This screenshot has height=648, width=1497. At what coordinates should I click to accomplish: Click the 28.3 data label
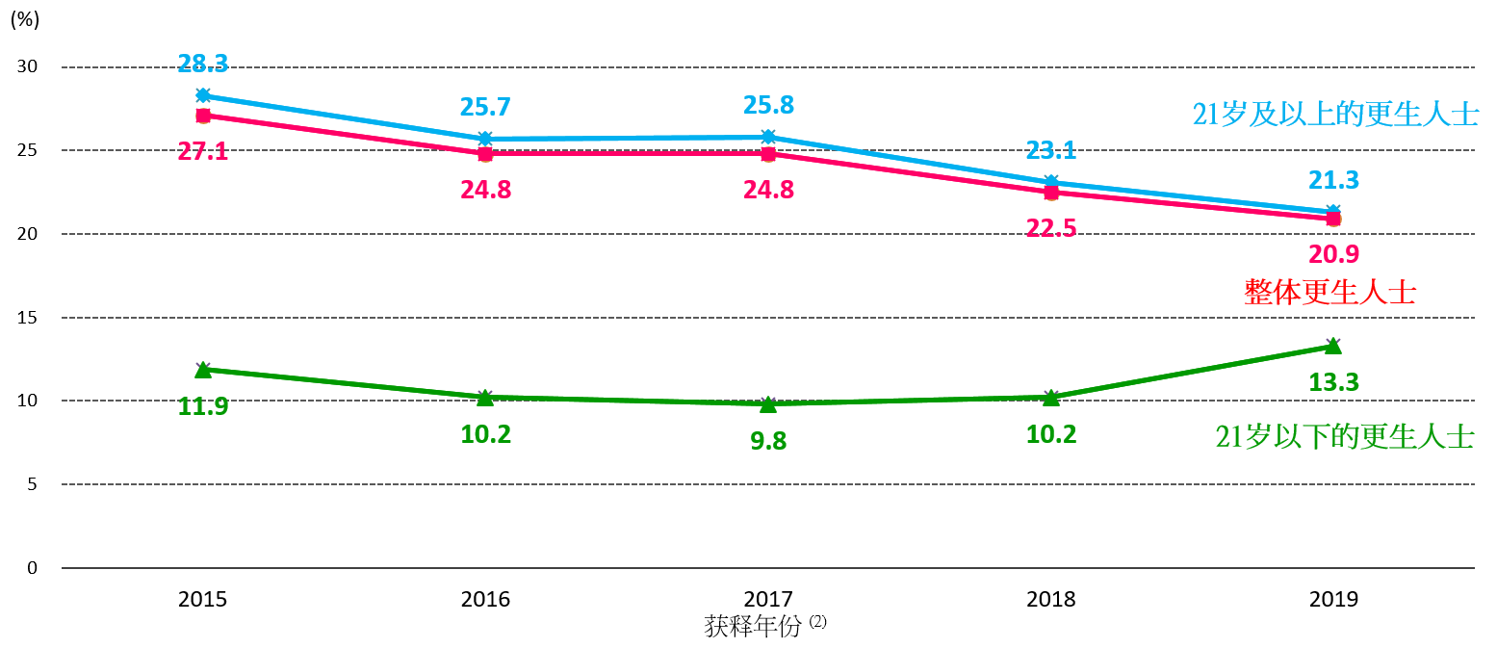203,65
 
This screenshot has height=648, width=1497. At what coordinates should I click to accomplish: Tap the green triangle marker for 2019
1333,346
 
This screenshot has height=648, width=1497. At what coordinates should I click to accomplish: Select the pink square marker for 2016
485,153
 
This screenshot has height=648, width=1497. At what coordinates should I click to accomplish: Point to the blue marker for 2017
768,137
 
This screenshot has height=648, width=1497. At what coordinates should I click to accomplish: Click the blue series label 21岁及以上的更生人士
1335,115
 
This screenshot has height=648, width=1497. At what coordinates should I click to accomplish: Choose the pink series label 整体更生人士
1329,292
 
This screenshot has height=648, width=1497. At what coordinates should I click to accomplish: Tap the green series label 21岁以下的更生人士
1345,437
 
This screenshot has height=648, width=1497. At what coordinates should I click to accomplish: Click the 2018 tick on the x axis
1051,599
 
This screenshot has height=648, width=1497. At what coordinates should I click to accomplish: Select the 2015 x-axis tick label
203,599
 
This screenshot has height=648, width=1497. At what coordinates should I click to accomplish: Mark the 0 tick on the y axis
32,568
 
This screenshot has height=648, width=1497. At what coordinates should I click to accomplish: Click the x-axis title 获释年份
753,627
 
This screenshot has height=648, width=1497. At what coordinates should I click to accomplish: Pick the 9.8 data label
768,441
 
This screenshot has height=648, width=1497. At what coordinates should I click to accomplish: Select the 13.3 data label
1333,382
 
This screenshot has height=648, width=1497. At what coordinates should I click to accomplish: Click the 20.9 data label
1333,254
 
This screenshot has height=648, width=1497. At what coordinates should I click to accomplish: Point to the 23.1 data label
1051,150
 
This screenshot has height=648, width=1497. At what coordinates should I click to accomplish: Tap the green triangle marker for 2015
203,369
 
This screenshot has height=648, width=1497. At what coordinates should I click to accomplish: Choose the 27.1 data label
203,151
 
